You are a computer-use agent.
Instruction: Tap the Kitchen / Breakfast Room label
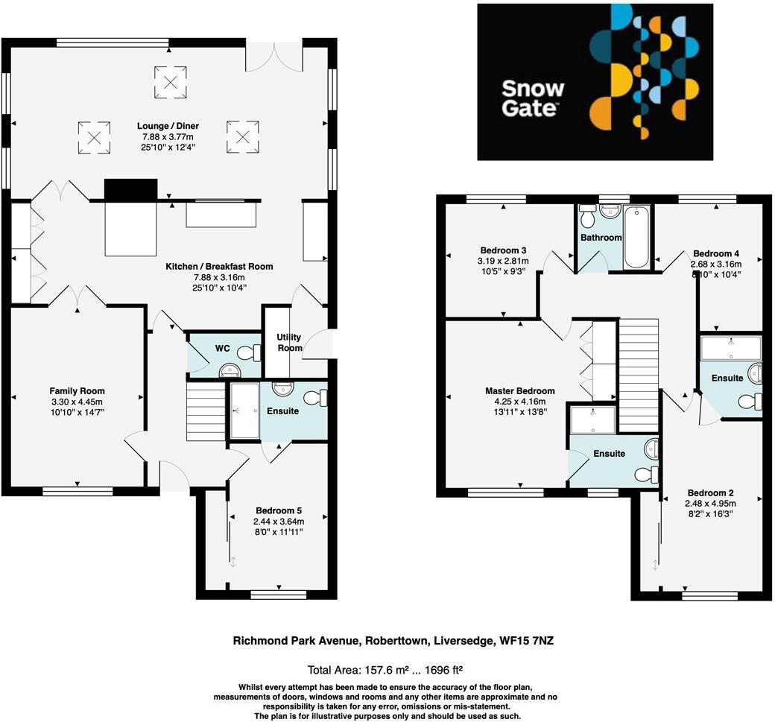point(219,266)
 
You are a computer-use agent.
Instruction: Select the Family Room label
point(77,390)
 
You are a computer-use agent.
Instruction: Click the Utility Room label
point(289,343)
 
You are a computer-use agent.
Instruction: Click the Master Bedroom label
point(519,390)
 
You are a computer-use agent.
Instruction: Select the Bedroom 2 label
point(711,493)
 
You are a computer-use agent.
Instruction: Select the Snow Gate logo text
point(532,98)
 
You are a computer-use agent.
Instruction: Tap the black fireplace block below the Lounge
point(131,190)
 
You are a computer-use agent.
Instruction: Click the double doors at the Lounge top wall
point(274,57)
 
